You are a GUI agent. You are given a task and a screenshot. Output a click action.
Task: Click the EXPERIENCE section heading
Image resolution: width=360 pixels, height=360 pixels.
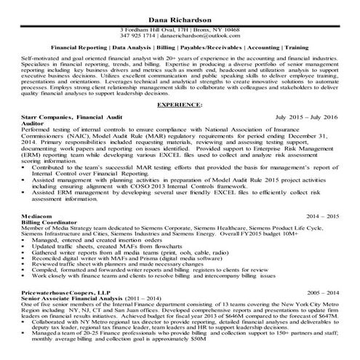pos(179,104)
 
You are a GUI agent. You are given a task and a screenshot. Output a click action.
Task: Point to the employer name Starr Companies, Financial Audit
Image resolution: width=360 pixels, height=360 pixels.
pos(70,116)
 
